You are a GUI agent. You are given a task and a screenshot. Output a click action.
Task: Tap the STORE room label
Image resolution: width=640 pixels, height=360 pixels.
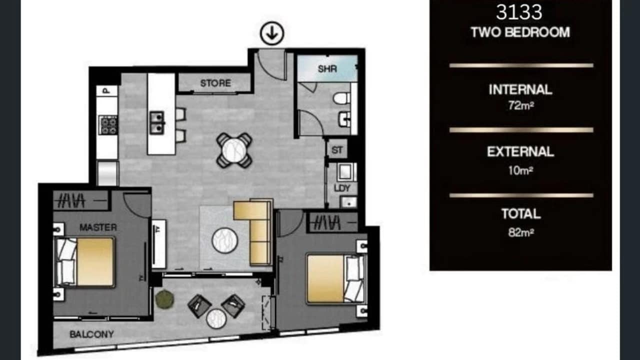[x=215, y=83]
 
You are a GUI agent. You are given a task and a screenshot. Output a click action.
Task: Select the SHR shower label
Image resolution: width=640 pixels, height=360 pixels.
[x=327, y=69]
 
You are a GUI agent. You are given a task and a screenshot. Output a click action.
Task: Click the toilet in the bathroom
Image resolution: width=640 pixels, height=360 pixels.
[x=342, y=98]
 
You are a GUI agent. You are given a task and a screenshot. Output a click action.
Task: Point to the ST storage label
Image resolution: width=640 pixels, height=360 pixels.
[x=337, y=149]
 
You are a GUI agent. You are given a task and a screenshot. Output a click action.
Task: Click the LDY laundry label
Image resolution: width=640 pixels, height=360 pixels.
[x=342, y=188]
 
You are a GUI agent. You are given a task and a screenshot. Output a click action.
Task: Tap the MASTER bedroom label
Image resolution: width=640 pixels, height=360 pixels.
[x=98, y=227]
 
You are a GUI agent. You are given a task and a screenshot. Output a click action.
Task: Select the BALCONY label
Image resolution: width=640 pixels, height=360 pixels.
[x=91, y=334]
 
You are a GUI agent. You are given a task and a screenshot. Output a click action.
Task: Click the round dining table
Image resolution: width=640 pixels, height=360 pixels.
[x=234, y=149]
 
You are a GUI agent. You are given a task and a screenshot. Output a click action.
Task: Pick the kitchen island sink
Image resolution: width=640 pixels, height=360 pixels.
[x=156, y=122]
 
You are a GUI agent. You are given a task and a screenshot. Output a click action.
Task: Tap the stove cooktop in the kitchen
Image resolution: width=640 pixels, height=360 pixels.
[x=108, y=124]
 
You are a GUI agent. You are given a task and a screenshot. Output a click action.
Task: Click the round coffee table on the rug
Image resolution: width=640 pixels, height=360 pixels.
[x=225, y=240]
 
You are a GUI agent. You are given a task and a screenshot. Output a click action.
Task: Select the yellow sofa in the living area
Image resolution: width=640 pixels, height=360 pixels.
[x=256, y=232]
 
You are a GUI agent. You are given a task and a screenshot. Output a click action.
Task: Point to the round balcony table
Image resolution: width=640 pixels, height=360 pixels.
[x=216, y=318]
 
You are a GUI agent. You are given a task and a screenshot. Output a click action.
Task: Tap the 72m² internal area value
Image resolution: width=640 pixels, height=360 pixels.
[x=520, y=106]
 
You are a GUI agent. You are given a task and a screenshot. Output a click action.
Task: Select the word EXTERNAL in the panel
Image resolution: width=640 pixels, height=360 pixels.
[x=520, y=151]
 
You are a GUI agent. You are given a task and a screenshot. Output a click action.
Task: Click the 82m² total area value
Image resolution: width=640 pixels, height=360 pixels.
[x=520, y=232]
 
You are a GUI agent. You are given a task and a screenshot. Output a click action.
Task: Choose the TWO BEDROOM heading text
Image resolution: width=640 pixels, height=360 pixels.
[x=520, y=32]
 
